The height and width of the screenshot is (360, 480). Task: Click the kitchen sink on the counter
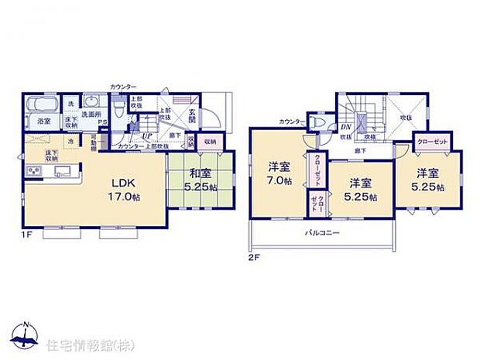[61, 171]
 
